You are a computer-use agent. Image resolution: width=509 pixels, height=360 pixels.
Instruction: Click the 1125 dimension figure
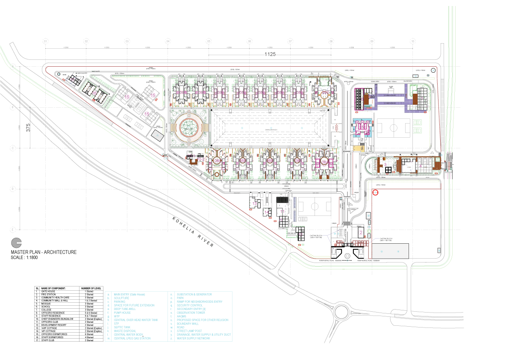(270, 54)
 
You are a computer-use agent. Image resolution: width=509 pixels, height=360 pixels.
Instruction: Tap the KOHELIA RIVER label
(193, 232)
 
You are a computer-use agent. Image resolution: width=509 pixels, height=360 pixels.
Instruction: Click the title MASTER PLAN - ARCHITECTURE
(44, 252)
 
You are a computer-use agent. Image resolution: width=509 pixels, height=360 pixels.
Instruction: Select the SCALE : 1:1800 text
(24, 257)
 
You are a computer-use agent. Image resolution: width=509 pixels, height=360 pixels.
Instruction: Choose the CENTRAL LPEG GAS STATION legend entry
(132, 338)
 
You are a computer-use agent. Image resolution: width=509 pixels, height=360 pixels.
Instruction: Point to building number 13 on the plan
(255, 204)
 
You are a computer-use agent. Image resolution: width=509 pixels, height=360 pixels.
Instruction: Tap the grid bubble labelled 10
(412, 41)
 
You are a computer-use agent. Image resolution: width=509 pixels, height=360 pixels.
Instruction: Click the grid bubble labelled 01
(45, 41)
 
